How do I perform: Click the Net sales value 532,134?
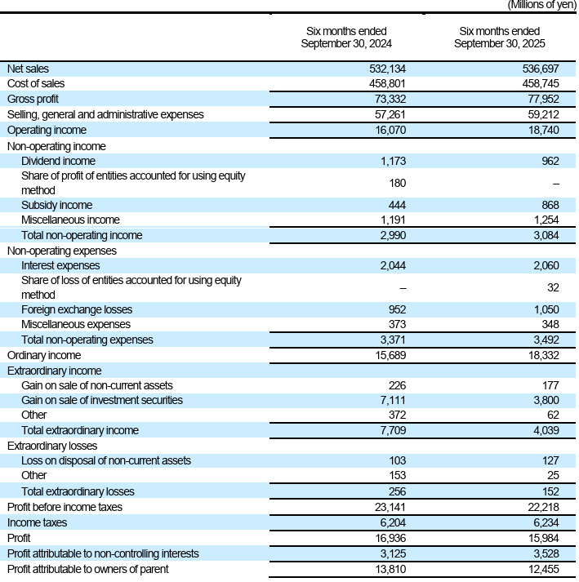388,69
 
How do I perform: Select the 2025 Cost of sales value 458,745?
541,83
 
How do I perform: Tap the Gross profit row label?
33,99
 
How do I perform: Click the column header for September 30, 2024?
345,37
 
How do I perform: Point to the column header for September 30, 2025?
499,37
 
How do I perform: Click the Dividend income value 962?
550,162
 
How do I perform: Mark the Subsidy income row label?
56,205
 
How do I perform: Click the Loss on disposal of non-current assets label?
106,460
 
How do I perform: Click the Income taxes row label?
37,522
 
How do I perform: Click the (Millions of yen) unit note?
541,5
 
